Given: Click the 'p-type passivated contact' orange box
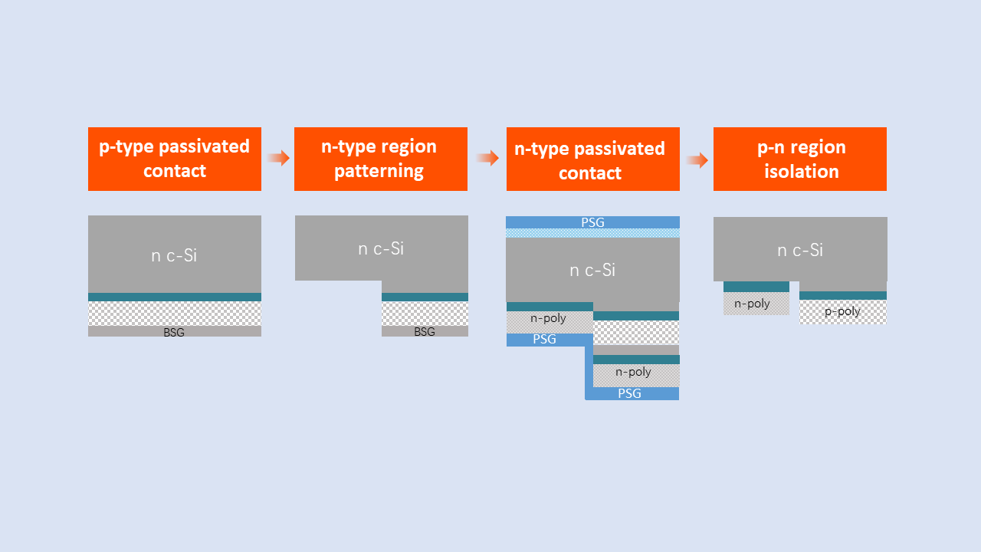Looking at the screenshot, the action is pyautogui.click(x=175, y=159).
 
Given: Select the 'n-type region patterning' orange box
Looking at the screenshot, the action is pyautogui.click(x=381, y=159).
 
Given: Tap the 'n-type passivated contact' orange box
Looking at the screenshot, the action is pyautogui.click(x=593, y=159).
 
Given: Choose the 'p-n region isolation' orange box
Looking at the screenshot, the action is pyautogui.click(x=800, y=159).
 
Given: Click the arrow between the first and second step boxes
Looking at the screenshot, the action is pyautogui.click(x=278, y=158).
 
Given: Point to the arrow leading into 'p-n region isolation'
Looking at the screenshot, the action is pyautogui.click(x=697, y=160).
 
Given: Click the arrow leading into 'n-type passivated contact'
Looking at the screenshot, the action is pyautogui.click(x=487, y=158).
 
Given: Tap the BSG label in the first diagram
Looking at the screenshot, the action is pyautogui.click(x=174, y=332).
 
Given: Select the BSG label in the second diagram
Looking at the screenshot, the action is pyautogui.click(x=425, y=332).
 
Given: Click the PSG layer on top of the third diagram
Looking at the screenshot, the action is pyautogui.click(x=592, y=222).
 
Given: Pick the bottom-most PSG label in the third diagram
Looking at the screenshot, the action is pyautogui.click(x=629, y=393).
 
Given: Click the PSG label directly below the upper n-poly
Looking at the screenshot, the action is pyautogui.click(x=544, y=339).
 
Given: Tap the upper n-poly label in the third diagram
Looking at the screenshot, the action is pyautogui.click(x=548, y=318).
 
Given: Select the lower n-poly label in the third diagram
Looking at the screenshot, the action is pyautogui.click(x=633, y=372).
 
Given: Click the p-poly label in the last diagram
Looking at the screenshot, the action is pyautogui.click(x=842, y=311).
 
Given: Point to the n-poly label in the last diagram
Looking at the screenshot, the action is pyautogui.click(x=752, y=304).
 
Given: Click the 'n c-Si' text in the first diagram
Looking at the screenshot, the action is pyautogui.click(x=174, y=255).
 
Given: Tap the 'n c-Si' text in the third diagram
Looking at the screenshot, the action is pyautogui.click(x=592, y=271).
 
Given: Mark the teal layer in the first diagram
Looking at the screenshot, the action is pyautogui.click(x=175, y=297).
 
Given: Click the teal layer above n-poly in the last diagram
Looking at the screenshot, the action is pyautogui.click(x=756, y=287).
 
